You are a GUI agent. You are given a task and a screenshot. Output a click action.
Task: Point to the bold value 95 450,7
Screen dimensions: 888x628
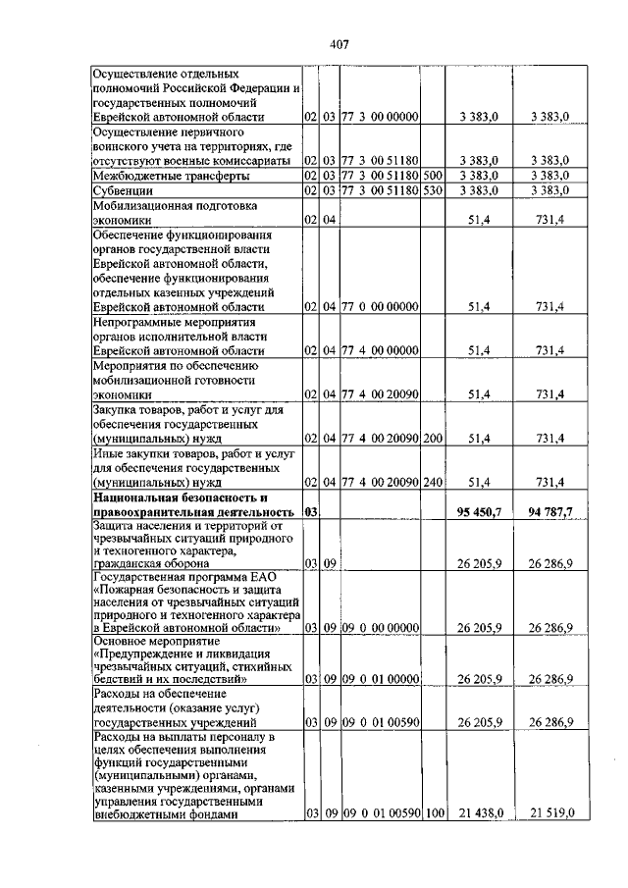click(x=480, y=512)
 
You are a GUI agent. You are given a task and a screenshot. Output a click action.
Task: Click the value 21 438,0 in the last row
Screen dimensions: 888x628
click(x=480, y=812)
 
